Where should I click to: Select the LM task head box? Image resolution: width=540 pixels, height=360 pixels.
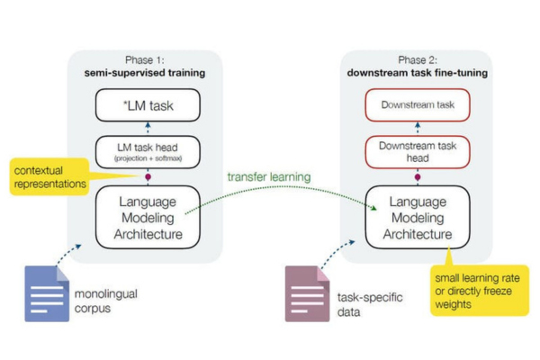pos(145,150)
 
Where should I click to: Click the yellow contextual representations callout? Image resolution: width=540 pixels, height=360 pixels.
pos(49,175)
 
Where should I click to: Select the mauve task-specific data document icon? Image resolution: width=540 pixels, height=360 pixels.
pos(307,293)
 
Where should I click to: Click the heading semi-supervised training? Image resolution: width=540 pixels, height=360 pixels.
pos(145,72)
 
